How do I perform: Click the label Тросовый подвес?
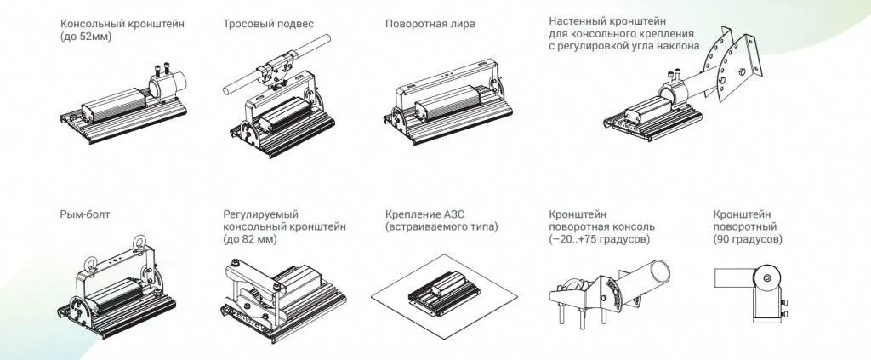[x=268, y=24]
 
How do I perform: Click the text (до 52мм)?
[x=86, y=37]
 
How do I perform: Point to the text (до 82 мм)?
[x=250, y=240]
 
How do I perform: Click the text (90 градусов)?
[x=749, y=240]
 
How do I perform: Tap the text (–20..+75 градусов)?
[x=600, y=240]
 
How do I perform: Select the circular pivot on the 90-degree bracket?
[x=767, y=277]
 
